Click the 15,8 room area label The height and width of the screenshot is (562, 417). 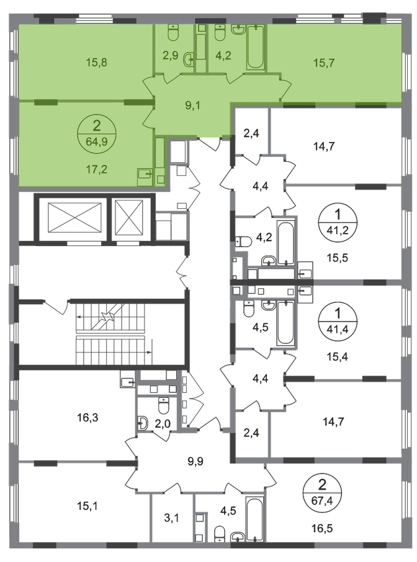[x=97, y=63]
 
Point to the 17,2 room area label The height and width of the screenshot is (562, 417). [x=97, y=169]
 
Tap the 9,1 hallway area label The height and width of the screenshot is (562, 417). [x=193, y=105]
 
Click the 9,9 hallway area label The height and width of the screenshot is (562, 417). [x=195, y=461]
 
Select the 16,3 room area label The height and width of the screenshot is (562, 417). [x=87, y=418]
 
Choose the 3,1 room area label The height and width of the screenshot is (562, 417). [x=171, y=518]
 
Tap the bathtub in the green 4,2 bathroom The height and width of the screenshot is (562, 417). [x=256, y=47]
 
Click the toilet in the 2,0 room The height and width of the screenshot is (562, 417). [x=164, y=406]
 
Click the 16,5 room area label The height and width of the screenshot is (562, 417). [x=322, y=528]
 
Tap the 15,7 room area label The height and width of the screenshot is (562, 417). [x=324, y=63]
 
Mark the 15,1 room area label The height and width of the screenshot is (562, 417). [x=87, y=506]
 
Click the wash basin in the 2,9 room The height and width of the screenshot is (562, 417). [x=189, y=59]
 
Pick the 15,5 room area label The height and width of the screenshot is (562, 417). [x=338, y=258]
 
